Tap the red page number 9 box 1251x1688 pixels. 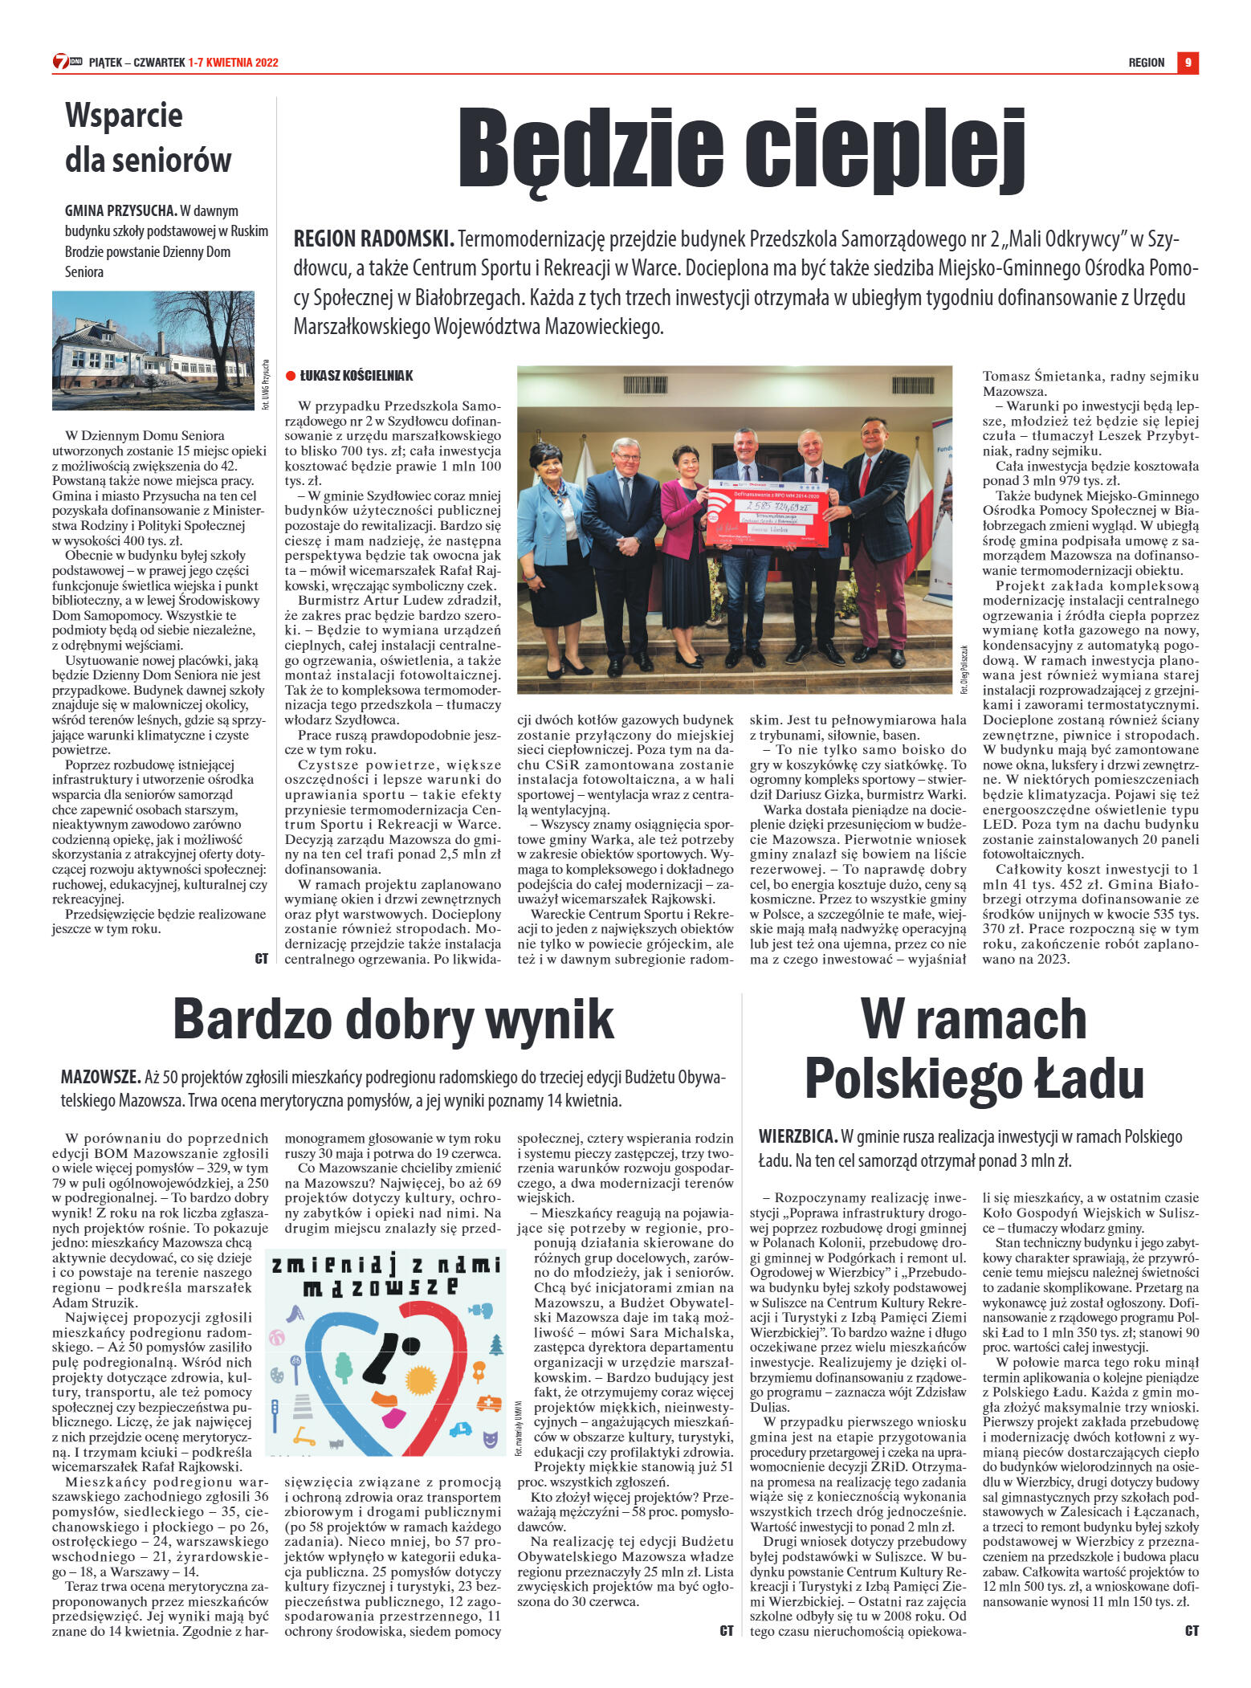(1188, 63)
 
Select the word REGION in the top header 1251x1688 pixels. (1146, 63)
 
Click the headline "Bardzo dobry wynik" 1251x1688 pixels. (393, 1019)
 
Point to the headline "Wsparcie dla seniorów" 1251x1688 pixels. (148, 137)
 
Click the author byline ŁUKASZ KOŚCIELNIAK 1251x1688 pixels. (357, 375)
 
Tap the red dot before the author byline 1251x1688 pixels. (291, 375)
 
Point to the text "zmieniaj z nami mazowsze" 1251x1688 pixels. (386, 1276)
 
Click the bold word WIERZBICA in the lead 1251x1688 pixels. (797, 1136)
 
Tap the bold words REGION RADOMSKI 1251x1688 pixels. (373, 239)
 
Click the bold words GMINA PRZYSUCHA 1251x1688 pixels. (120, 211)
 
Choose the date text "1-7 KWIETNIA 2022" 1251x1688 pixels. (234, 63)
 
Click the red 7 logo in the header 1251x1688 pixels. (61, 61)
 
